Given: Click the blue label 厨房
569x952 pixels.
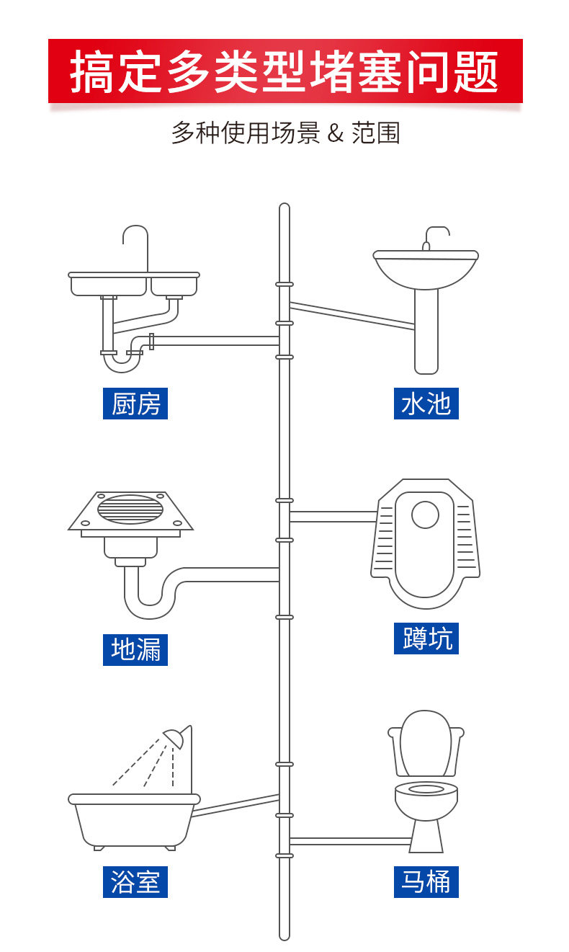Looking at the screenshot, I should click(135, 404).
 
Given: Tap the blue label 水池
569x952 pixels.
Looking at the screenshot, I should click(426, 404).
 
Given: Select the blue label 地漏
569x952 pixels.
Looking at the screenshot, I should click(135, 649).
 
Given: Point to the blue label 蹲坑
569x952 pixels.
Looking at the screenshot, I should click(426, 639).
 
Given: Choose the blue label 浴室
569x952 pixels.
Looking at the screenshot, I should click(135, 881).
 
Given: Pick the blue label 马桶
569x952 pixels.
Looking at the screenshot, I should click(426, 881).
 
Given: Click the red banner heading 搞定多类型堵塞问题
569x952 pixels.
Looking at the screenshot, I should click(284, 71).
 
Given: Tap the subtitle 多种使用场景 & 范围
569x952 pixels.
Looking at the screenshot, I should click(284, 133).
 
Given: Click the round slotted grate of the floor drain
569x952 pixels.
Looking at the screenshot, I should click(131, 509).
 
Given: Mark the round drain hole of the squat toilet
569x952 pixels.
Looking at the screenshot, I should click(425, 515).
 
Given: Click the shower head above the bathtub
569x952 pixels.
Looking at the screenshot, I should click(175, 737).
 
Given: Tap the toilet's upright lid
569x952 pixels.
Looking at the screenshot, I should click(425, 742).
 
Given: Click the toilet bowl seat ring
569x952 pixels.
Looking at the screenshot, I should click(426, 789).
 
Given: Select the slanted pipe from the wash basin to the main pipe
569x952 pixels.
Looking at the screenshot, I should click(352, 316).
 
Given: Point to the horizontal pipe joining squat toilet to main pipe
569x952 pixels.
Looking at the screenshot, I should click(332, 516).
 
